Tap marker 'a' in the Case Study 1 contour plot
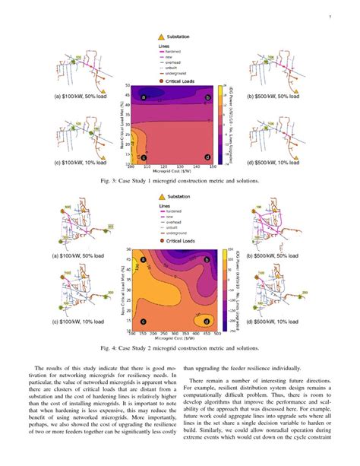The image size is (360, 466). pos(143,97)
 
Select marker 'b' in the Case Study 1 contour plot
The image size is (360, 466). pos(207,98)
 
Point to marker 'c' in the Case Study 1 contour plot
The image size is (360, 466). pos(143,157)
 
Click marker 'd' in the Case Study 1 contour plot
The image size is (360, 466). pos(207,157)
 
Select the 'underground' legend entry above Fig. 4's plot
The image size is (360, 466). pos(181,231)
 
